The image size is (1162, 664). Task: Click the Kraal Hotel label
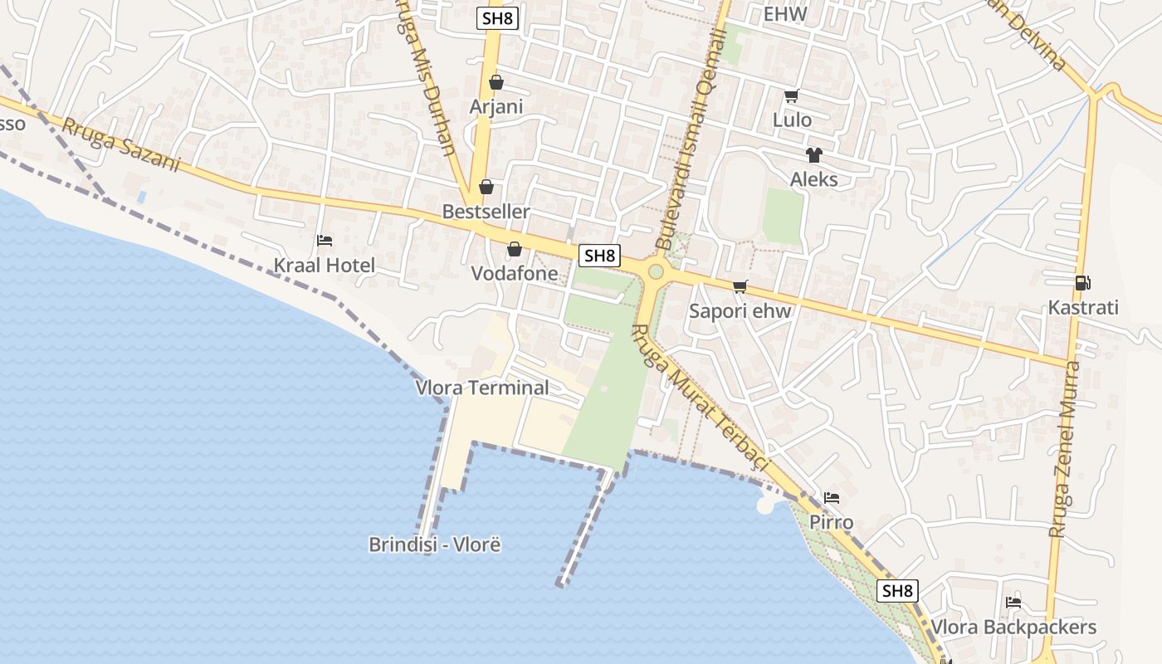[x=325, y=266]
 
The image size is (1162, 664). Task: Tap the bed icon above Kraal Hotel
[x=325, y=241]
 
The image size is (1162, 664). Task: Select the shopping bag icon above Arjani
[x=496, y=82]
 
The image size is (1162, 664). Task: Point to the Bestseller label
[x=486, y=212]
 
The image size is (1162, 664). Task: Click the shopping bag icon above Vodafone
[x=515, y=249]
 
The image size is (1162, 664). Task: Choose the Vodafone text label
[x=515, y=273]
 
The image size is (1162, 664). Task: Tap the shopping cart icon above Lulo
[x=791, y=96]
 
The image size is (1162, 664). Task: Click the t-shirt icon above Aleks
[x=813, y=155]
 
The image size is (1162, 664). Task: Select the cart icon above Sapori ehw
[x=740, y=287]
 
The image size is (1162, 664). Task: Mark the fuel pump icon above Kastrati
[x=1082, y=283]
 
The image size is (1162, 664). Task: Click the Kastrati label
[x=1083, y=308]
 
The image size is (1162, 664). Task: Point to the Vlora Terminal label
[x=482, y=388]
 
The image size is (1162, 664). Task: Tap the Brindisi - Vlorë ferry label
[x=435, y=544]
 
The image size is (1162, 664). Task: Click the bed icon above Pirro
[x=832, y=498]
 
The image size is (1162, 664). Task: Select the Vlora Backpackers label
[x=1013, y=627]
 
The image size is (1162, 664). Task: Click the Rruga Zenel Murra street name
[x=1064, y=448]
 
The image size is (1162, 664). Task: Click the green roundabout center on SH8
[x=656, y=271]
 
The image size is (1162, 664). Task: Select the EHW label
[x=784, y=14]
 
